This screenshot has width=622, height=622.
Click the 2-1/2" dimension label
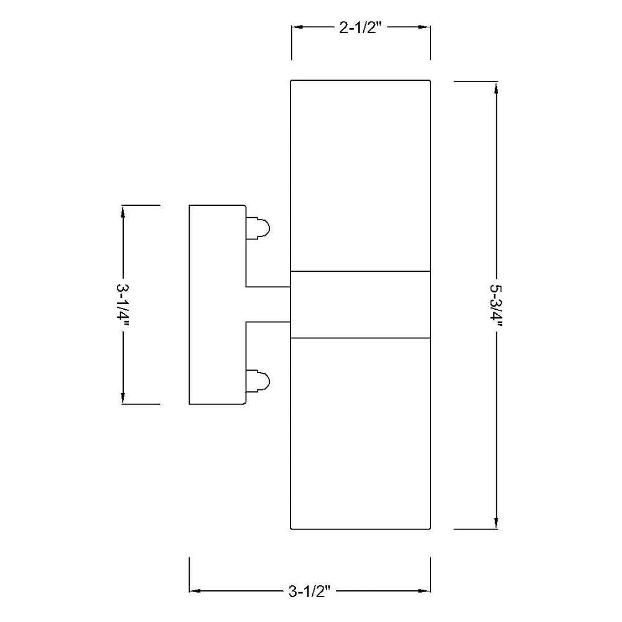(361, 28)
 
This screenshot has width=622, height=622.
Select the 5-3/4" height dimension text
(496, 305)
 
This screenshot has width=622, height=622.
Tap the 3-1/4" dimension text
(123, 305)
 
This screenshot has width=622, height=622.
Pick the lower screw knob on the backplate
(258, 381)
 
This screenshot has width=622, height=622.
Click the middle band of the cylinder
(361, 305)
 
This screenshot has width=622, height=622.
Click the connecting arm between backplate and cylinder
(269, 305)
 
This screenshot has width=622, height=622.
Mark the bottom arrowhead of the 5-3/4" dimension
(496, 522)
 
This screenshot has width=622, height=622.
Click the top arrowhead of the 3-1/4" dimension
(123, 211)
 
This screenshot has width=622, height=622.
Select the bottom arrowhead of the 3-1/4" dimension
(123, 397)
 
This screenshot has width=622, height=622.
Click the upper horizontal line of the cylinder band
(361, 272)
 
